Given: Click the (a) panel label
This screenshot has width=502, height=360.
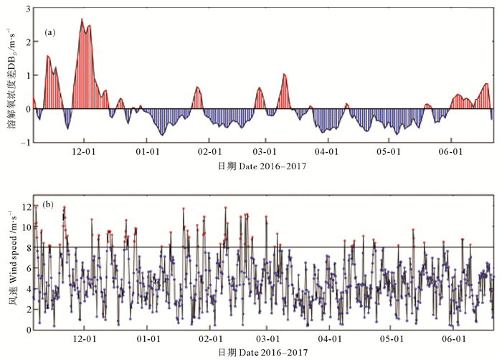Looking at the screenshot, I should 50,32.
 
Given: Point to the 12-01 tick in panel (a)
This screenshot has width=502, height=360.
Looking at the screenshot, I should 85,152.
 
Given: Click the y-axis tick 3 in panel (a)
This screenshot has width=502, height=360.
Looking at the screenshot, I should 27,9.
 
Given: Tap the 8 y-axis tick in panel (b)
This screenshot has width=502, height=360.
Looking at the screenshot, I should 27,247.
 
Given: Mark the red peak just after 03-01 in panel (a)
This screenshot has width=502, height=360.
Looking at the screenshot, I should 284,74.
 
